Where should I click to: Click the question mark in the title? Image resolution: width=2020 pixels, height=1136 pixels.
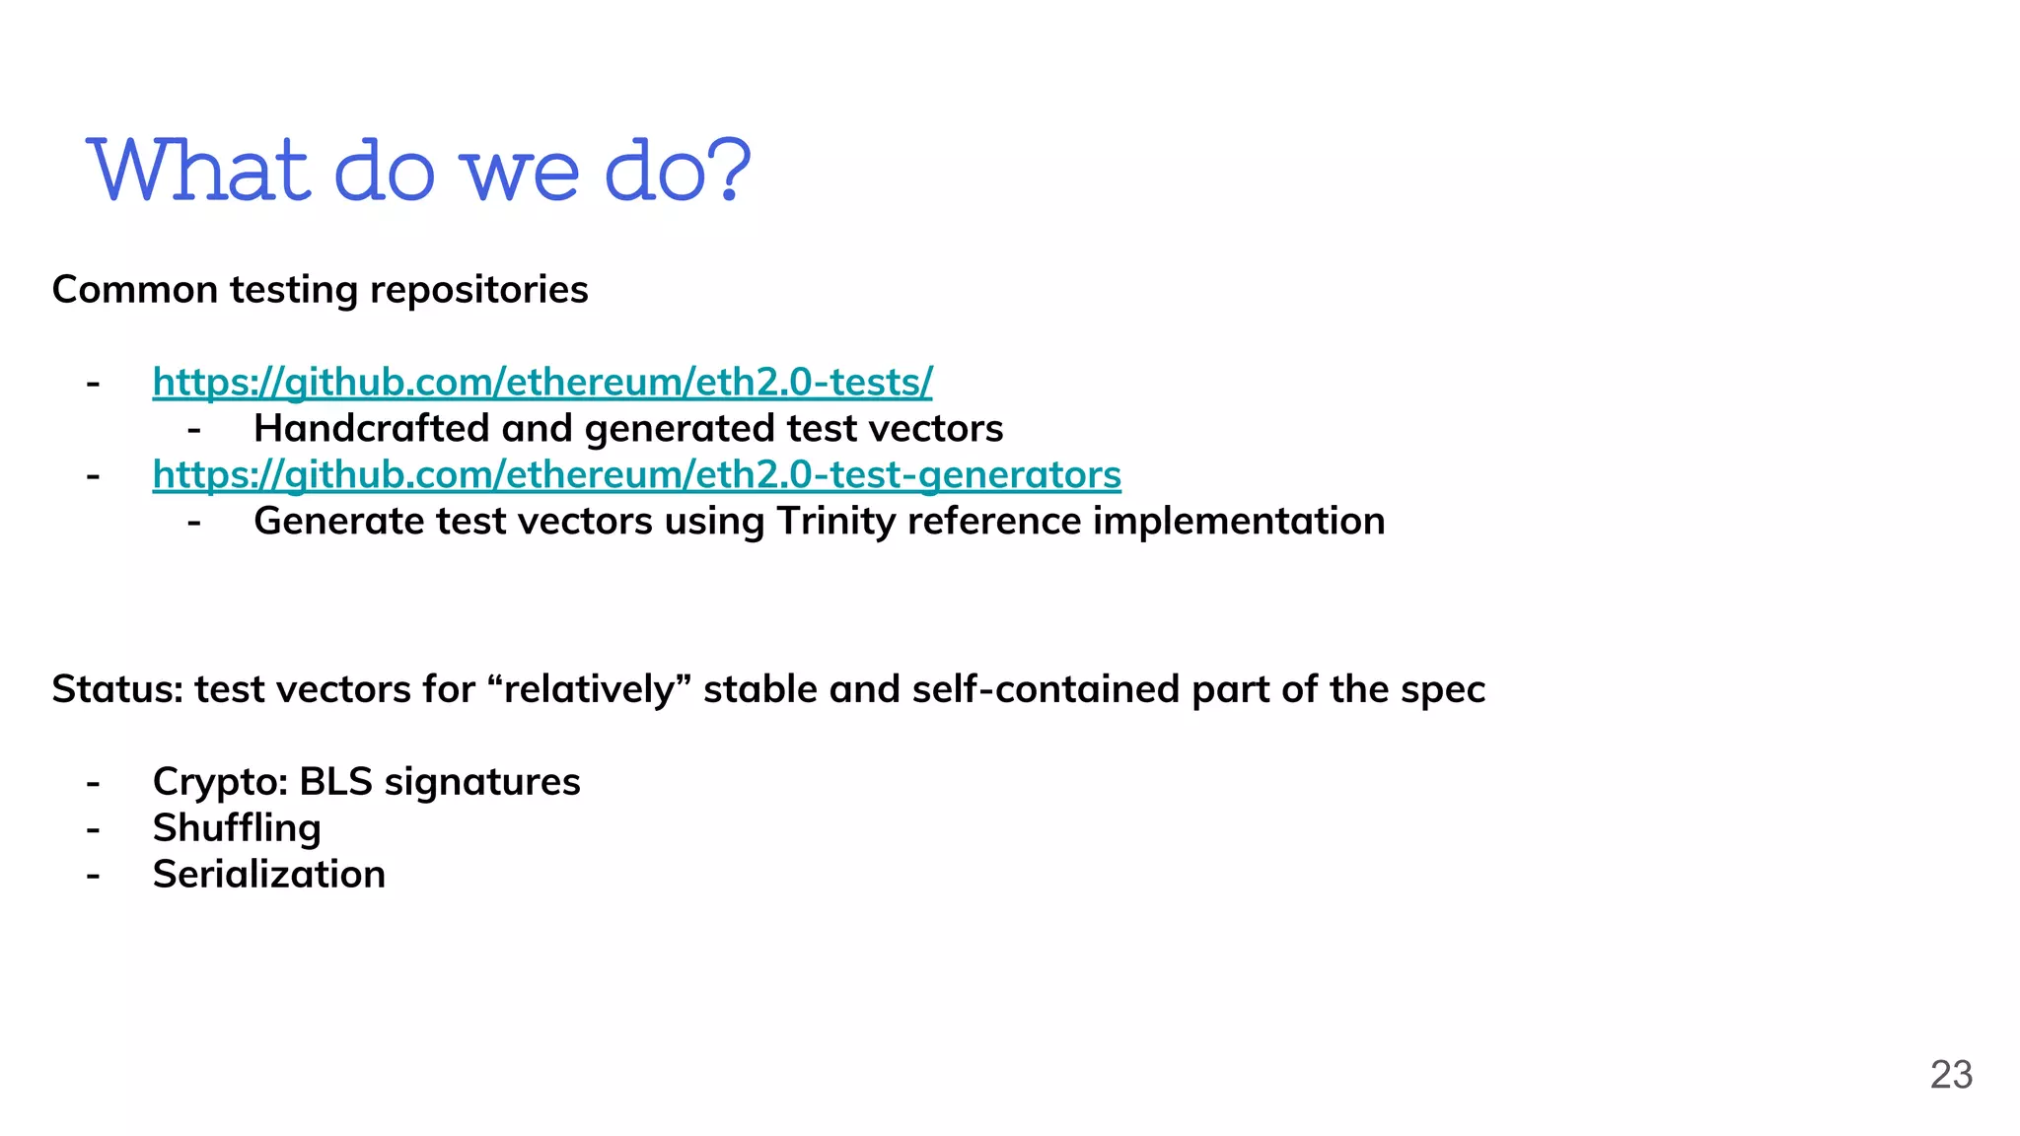[x=729, y=171]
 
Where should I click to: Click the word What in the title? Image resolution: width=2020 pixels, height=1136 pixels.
[x=198, y=171]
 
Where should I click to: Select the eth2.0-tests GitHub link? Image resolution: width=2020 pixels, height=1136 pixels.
[x=541, y=382]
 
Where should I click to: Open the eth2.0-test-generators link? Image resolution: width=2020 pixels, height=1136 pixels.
[x=636, y=474]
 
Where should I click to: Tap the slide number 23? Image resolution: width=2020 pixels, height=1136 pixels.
[x=1950, y=1075]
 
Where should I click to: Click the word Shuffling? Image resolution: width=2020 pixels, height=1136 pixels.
[x=237, y=828]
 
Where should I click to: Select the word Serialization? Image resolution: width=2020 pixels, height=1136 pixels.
[x=268, y=875]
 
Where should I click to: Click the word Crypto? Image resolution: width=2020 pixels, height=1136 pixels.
[x=220, y=782]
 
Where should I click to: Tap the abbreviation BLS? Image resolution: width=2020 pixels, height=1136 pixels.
[x=335, y=782]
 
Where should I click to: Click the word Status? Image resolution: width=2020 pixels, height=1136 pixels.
[x=117, y=689]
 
